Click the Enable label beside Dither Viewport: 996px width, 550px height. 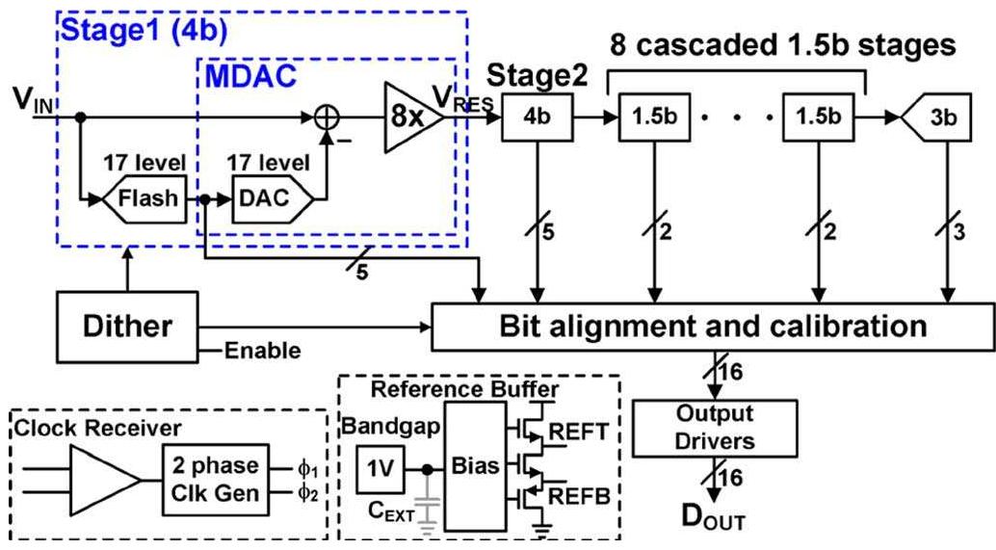click(262, 351)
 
